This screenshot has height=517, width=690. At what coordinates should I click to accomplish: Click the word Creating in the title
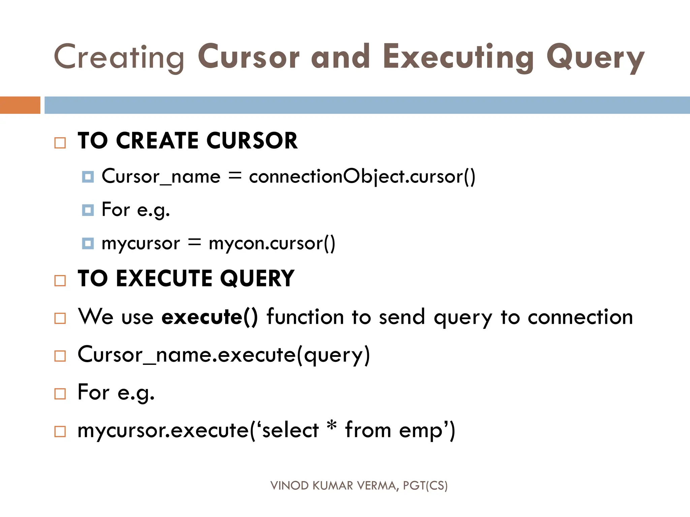tap(119, 57)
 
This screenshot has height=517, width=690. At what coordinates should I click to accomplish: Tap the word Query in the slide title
tap(595, 58)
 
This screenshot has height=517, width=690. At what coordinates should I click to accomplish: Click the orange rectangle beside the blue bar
tap(20, 105)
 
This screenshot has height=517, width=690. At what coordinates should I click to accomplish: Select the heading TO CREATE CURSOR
tap(188, 140)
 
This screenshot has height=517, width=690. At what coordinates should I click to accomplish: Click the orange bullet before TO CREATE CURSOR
tap(60, 143)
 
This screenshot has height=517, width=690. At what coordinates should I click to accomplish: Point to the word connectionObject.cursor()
tap(362, 176)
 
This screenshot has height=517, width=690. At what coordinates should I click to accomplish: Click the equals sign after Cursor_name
tap(235, 176)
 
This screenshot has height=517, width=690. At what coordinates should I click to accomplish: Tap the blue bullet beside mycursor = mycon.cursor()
tap(88, 243)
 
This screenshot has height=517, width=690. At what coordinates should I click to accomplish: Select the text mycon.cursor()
tap(272, 243)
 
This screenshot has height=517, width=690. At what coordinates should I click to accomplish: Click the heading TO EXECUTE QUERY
tap(186, 278)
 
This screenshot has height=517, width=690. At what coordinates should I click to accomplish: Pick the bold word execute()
tap(209, 317)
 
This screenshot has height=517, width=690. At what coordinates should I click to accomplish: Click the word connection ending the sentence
tap(580, 317)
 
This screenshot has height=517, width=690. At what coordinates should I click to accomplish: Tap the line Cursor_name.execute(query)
tap(224, 355)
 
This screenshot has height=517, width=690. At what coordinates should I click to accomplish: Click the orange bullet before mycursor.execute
tap(60, 432)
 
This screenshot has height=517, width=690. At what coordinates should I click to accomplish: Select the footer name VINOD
tap(289, 486)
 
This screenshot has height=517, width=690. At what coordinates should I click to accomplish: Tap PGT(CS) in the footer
tap(425, 486)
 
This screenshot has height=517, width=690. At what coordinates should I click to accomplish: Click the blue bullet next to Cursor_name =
tap(88, 177)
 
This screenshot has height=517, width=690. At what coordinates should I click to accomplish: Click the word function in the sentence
tap(305, 317)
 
